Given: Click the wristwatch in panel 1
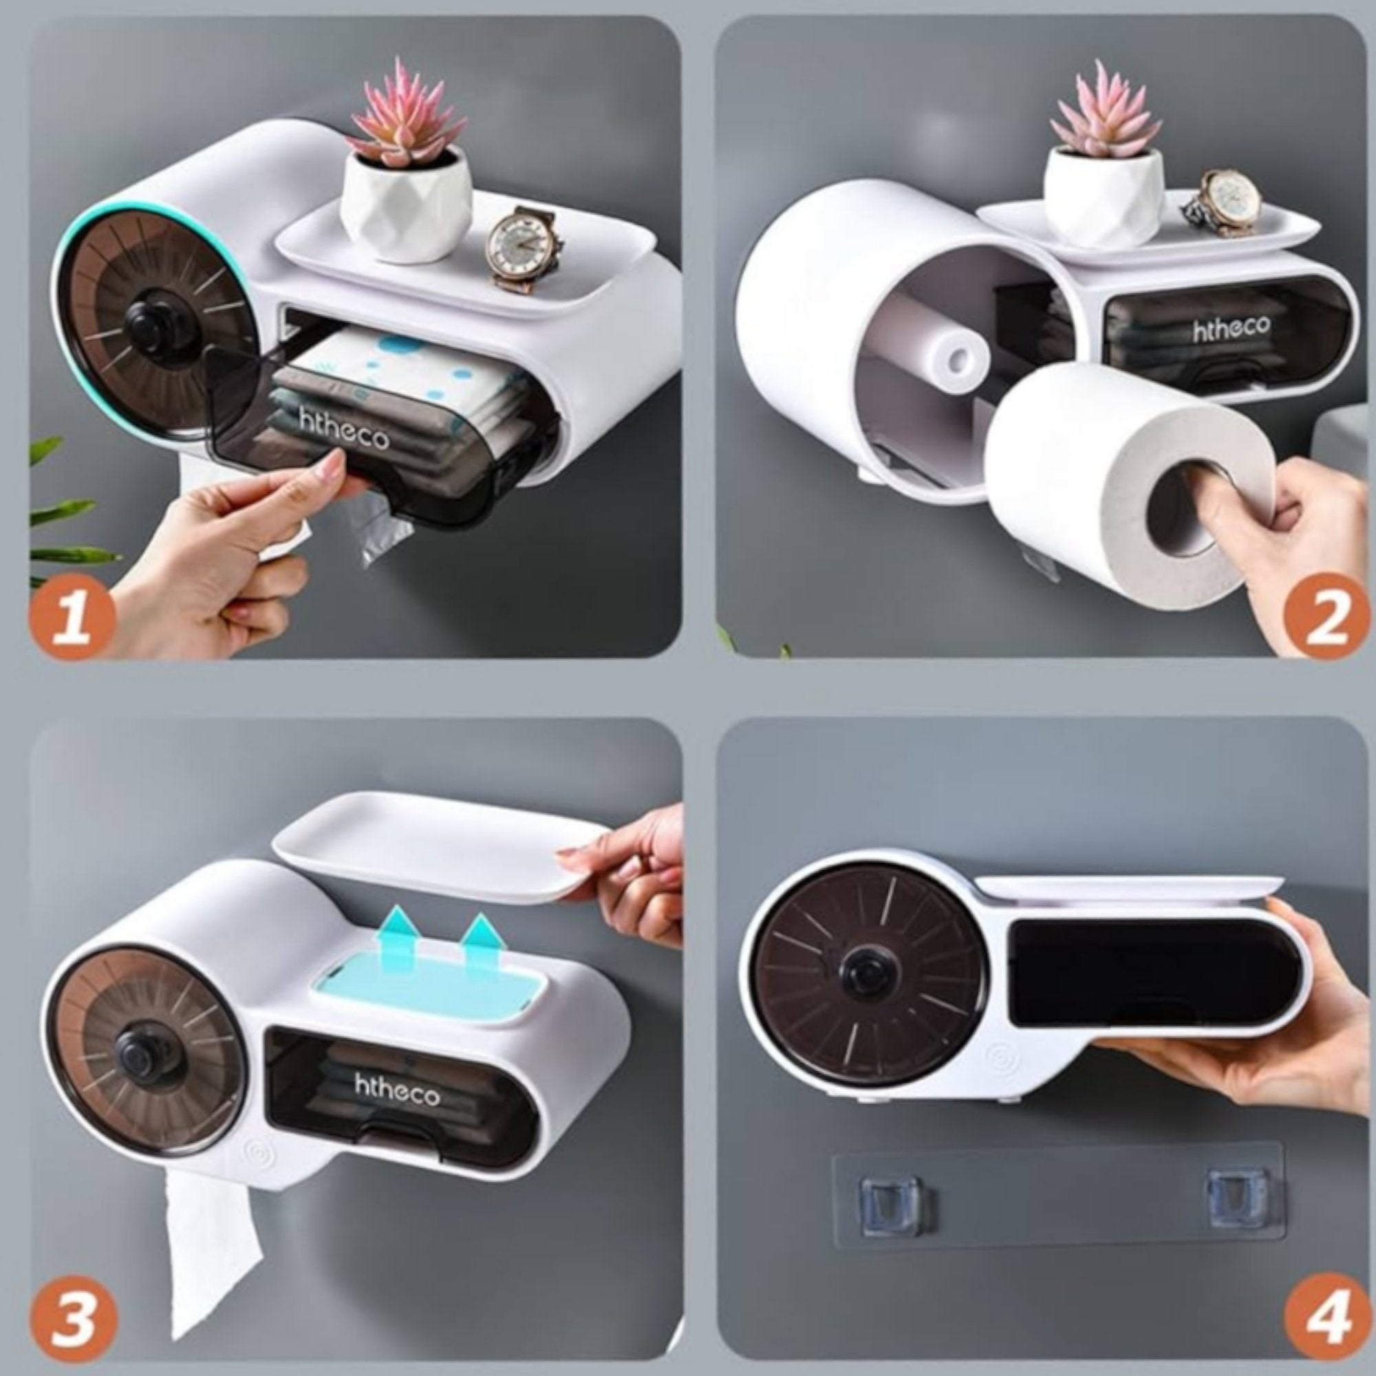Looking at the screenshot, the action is point(524,246).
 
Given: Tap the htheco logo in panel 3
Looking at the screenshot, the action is point(398,1089).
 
